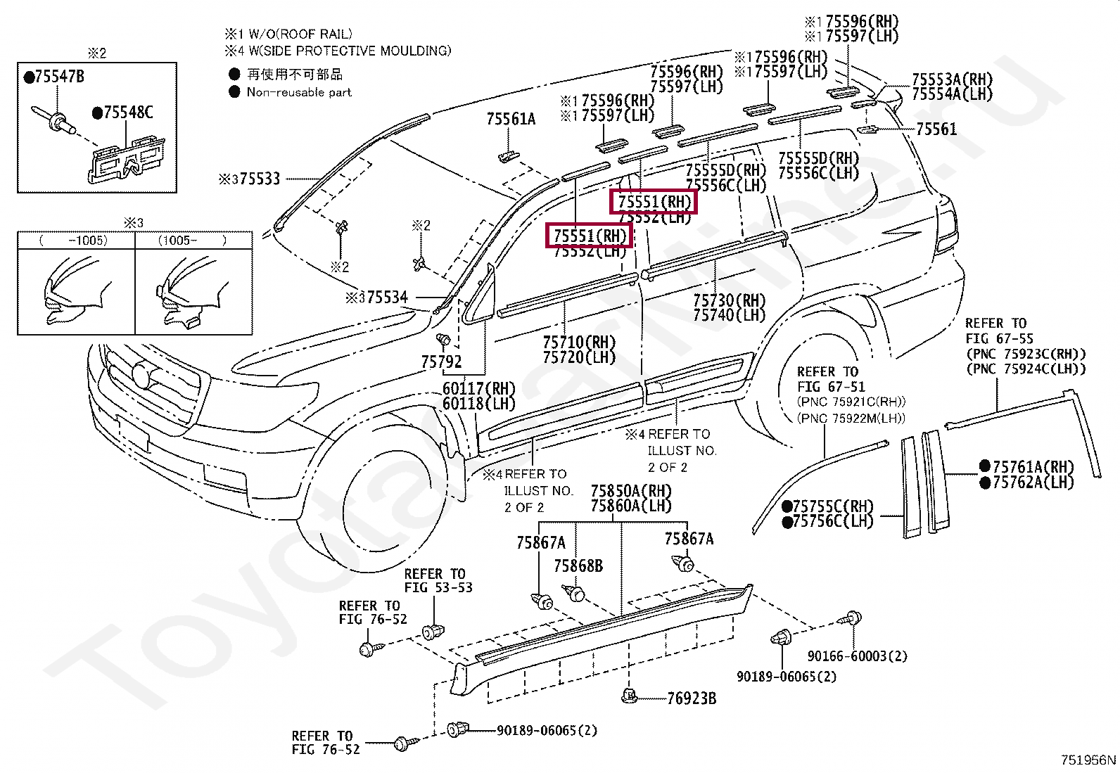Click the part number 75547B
[58, 77]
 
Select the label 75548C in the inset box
[127, 113]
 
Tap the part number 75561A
[511, 119]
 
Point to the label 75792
[441, 362]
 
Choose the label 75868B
[578, 566]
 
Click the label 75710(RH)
[579, 343]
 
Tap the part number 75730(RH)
[729, 301]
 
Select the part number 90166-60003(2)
[857, 656]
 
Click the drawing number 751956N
[1088, 760]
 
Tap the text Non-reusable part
[299, 92]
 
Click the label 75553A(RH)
[952, 79]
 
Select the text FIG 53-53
[438, 587]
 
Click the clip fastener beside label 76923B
[628, 696]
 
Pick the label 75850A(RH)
[631, 491]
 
